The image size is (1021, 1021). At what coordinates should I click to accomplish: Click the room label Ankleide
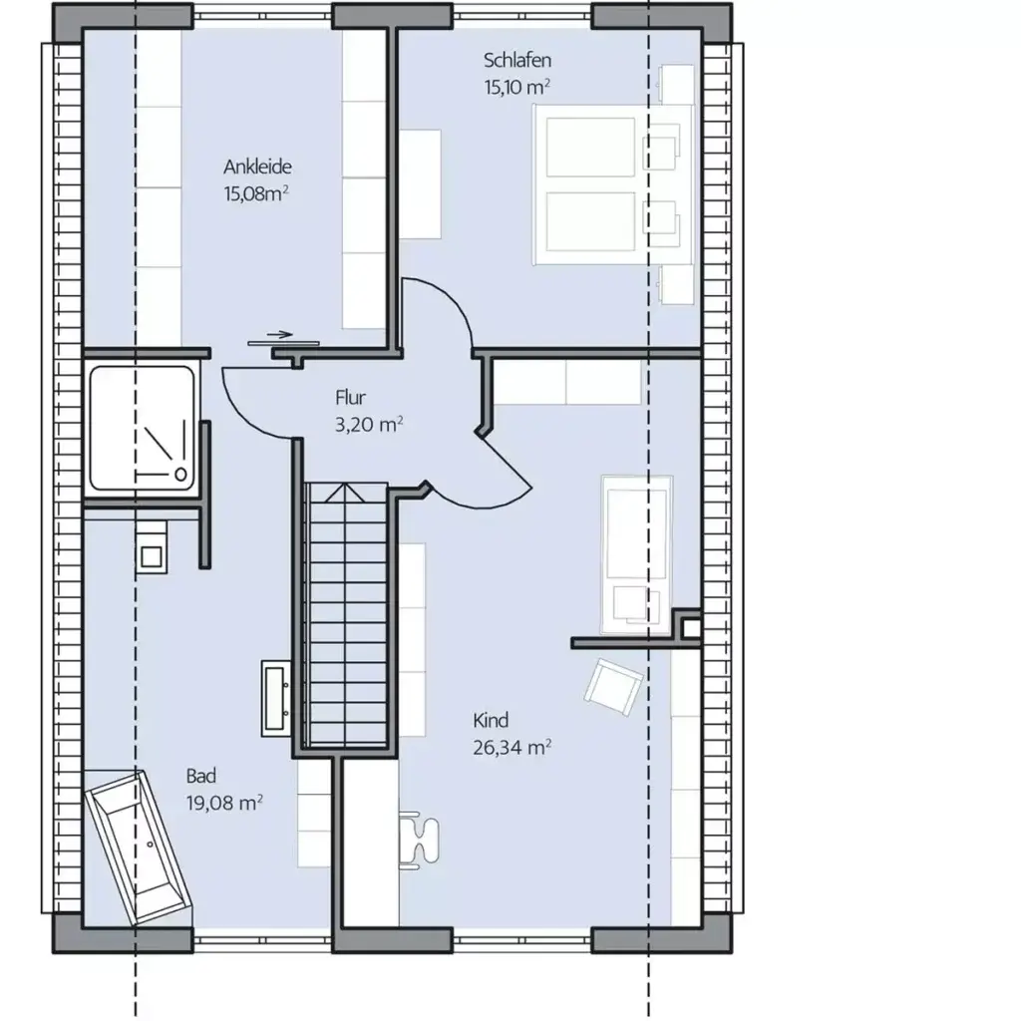(x=257, y=167)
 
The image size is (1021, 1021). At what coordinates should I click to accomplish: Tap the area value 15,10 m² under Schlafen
(x=517, y=87)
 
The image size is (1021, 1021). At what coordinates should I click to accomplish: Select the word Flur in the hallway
(x=351, y=397)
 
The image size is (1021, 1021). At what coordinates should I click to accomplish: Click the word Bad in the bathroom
(x=200, y=775)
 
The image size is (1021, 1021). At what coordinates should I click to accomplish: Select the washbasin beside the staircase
(x=277, y=698)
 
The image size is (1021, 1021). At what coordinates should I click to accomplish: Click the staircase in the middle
(x=344, y=613)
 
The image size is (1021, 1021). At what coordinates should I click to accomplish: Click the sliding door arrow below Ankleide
(x=281, y=335)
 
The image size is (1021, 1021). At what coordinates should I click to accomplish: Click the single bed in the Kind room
(x=638, y=553)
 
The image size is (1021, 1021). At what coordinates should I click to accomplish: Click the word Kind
(x=492, y=720)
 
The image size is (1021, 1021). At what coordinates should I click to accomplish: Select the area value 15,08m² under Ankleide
(x=256, y=193)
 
